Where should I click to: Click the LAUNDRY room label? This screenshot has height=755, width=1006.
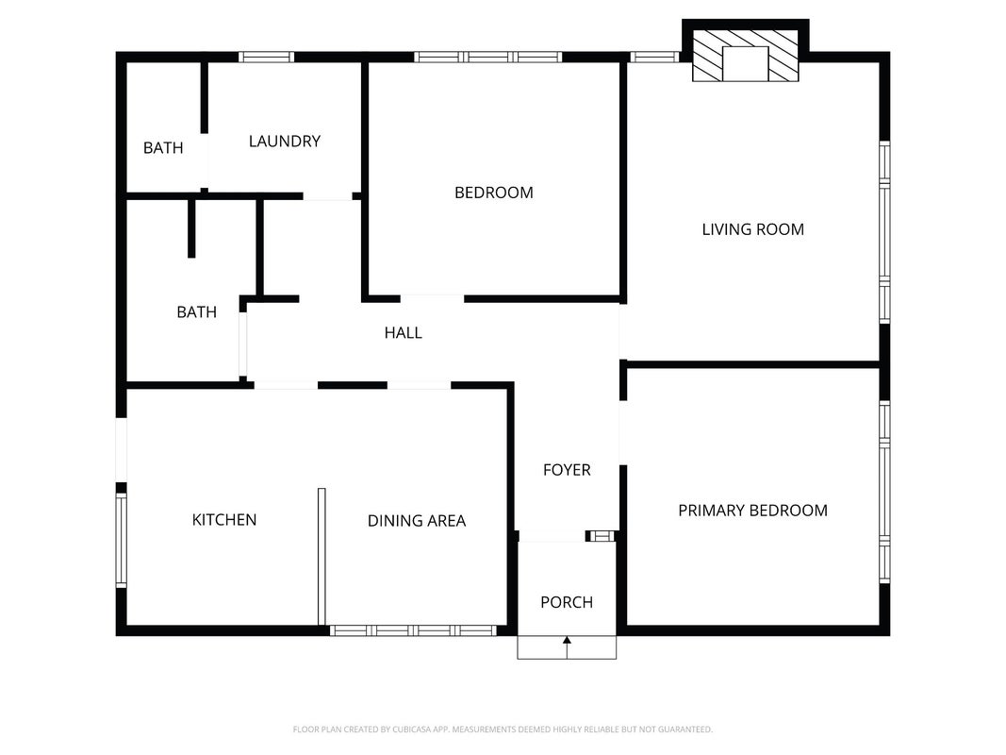tap(284, 142)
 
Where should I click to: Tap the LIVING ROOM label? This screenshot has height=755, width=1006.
tap(752, 229)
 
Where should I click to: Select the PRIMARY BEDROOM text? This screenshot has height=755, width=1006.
tap(752, 511)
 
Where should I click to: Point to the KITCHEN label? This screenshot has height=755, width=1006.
tap(223, 519)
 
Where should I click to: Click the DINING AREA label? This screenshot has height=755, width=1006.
tap(417, 521)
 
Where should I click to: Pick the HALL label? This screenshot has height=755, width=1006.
tap(403, 332)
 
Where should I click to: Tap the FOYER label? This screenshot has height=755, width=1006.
tap(567, 470)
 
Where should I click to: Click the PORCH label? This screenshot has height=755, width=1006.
tap(567, 602)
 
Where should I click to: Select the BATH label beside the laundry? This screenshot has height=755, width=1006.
tap(163, 147)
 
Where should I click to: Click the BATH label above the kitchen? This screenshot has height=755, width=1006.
tap(196, 312)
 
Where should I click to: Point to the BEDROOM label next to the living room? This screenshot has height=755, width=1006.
tap(493, 193)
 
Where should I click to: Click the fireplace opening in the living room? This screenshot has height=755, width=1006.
tap(745, 63)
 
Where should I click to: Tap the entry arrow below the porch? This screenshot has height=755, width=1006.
tap(567, 647)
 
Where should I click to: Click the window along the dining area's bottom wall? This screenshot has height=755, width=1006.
tap(413, 631)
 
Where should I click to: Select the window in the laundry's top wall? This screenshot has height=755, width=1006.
tap(266, 57)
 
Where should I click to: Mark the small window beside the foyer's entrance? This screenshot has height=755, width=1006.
tap(601, 536)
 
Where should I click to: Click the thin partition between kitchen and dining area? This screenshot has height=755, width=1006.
tap(322, 557)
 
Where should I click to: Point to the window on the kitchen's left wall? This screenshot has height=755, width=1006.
tap(122, 540)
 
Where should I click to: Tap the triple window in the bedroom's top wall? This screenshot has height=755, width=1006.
tap(488, 57)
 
